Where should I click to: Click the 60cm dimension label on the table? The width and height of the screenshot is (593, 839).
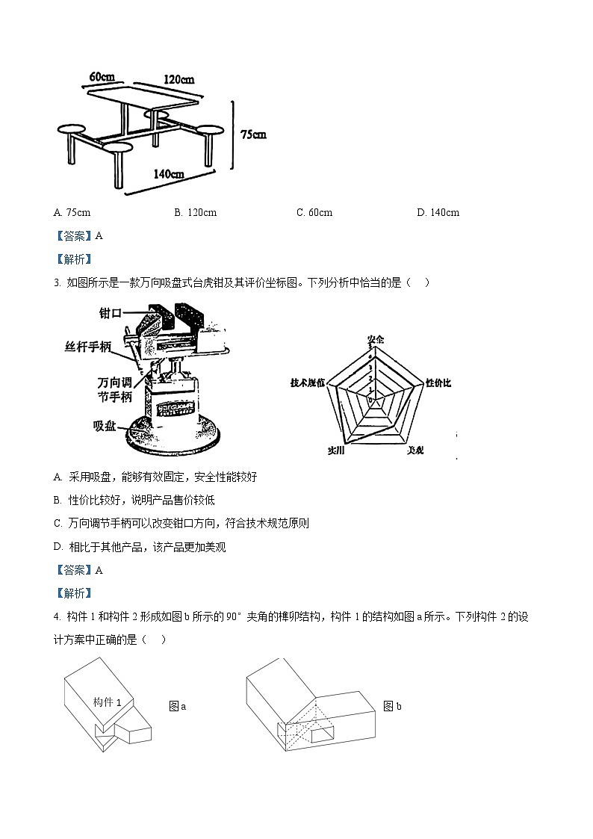click(102, 77)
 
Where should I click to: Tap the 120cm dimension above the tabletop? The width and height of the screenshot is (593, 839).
click(178, 80)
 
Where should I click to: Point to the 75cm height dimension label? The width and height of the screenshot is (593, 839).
click(253, 134)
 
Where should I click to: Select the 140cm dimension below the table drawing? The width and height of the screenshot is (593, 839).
click(169, 174)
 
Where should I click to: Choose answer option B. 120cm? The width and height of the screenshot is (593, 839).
click(195, 212)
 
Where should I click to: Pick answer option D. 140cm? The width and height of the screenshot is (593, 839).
click(438, 212)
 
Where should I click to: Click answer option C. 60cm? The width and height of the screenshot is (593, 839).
click(314, 212)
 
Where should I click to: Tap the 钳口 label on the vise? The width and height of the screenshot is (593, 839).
click(111, 313)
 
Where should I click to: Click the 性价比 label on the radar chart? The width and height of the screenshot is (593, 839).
click(438, 383)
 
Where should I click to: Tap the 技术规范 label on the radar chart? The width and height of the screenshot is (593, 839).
click(308, 383)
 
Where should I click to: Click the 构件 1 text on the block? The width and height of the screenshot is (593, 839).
click(113, 702)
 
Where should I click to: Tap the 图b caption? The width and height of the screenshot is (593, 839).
click(392, 706)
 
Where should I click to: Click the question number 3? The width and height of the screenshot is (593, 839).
click(57, 282)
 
